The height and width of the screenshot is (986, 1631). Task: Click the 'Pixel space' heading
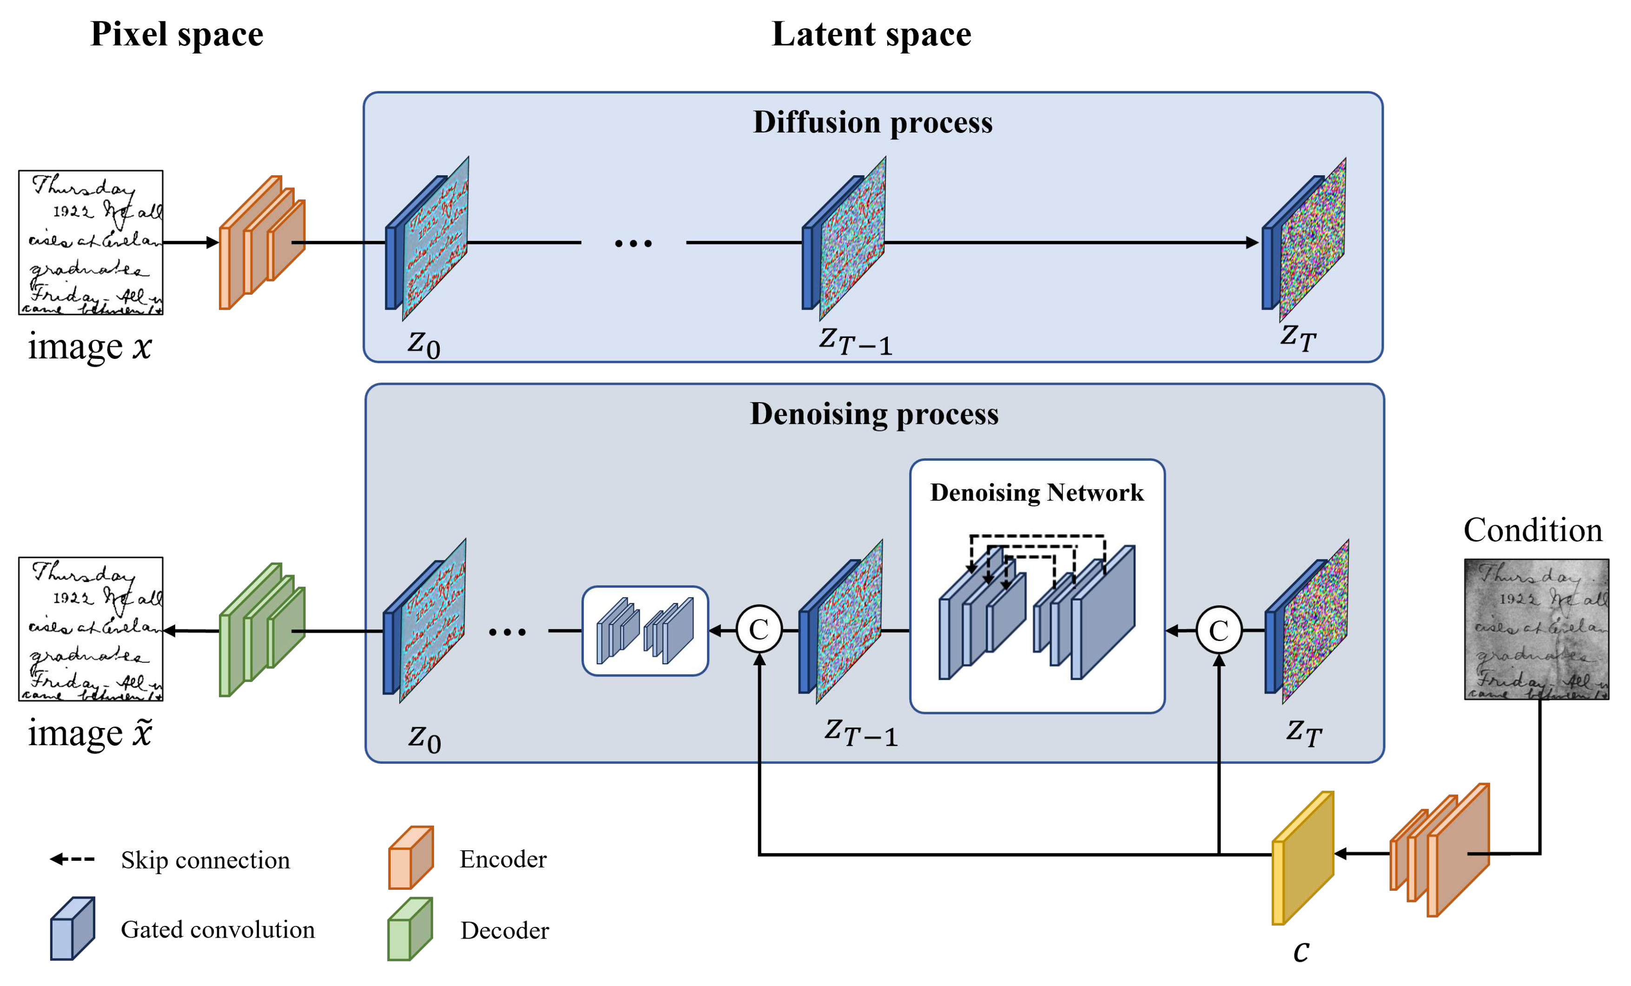point(177,34)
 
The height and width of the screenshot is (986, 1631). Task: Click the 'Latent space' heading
point(871,34)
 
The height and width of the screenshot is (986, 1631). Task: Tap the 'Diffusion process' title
point(872,123)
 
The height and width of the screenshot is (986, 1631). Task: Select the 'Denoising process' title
point(874,414)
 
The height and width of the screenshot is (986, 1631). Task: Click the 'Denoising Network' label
point(1037,493)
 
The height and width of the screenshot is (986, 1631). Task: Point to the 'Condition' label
point(1532,530)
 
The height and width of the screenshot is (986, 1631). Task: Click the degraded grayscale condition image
point(1536,629)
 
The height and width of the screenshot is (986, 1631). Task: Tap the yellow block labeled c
point(1302,859)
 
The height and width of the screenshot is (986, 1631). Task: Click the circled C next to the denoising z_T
point(1219,630)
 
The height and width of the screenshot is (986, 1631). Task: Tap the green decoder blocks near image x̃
point(262,630)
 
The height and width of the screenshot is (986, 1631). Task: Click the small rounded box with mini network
point(645,630)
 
